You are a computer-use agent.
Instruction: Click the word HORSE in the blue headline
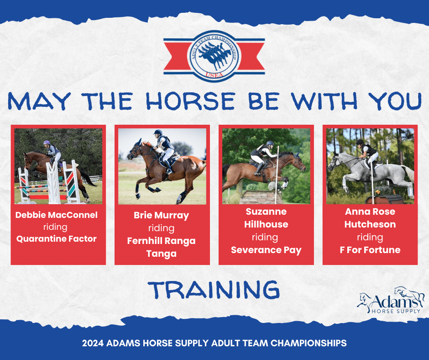pyautogui.click(x=190, y=101)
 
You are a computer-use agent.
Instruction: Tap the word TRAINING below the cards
pyautogui.click(x=214, y=290)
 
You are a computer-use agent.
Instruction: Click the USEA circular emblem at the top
pyautogui.click(x=214, y=56)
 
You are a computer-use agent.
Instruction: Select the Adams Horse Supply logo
pyautogui.click(x=390, y=300)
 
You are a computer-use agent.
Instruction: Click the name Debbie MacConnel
pyautogui.click(x=56, y=215)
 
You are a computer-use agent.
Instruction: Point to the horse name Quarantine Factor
pyautogui.click(x=56, y=238)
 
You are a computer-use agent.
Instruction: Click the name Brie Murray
pyautogui.click(x=162, y=215)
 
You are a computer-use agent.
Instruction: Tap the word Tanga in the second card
pyautogui.click(x=162, y=254)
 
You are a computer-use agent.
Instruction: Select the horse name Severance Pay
pyautogui.click(x=266, y=250)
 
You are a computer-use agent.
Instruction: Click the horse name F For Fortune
pyautogui.click(x=370, y=250)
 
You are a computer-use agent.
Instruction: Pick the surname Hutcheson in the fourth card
pyautogui.click(x=370, y=224)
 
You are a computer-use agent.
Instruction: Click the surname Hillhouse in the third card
pyautogui.click(x=266, y=224)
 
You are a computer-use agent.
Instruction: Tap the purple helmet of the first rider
pyautogui.click(x=47, y=143)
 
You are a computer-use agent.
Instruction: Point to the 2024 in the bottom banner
pyautogui.click(x=93, y=343)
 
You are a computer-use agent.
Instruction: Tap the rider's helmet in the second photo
pyautogui.click(x=158, y=132)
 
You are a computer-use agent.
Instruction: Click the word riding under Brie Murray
pyautogui.click(x=162, y=228)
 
